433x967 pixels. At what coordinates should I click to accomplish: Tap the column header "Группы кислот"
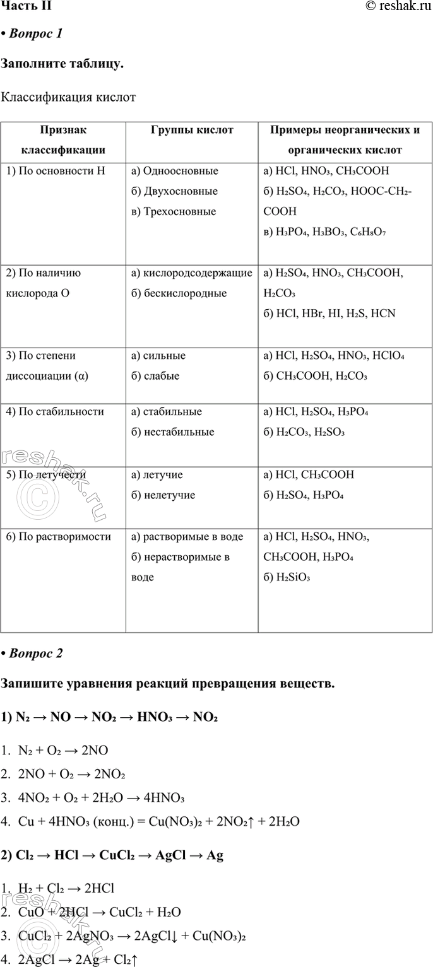[192, 130]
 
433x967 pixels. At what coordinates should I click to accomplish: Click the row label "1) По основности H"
[55, 170]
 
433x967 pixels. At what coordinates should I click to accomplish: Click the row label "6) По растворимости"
[58, 537]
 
